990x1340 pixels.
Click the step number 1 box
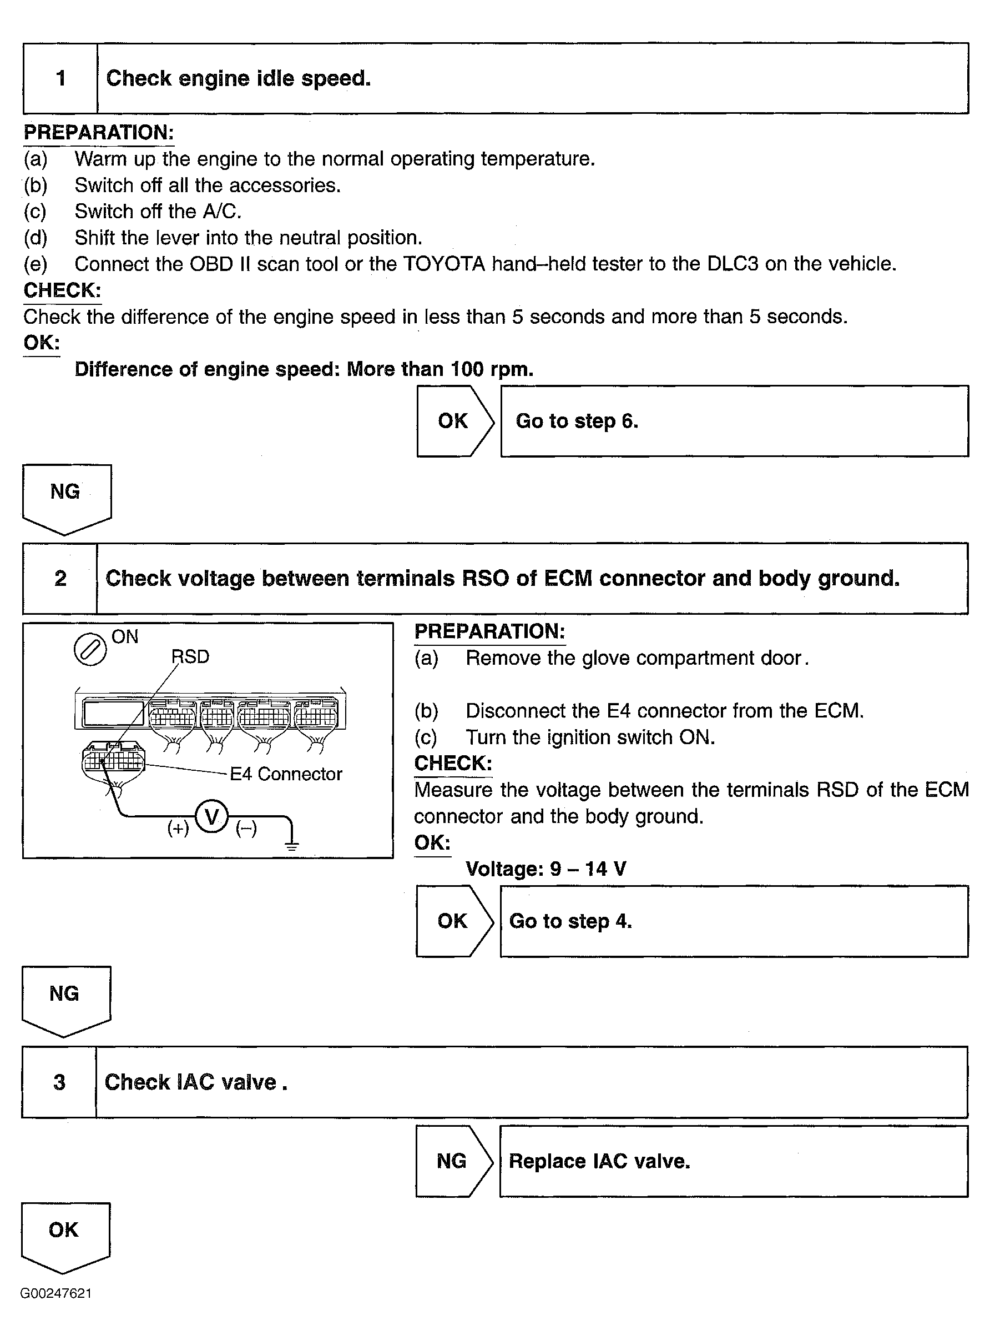[60, 78]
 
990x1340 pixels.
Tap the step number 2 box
[60, 579]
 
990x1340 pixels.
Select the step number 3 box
[59, 1082]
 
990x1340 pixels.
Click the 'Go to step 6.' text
[577, 421]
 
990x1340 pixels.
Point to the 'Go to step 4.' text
[570, 921]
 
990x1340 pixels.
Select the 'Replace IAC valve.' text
[599, 1161]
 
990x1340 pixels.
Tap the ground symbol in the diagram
[292, 845]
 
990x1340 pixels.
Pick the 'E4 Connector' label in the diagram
[286, 774]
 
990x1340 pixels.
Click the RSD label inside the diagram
[190, 657]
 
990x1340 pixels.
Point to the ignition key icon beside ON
[90, 650]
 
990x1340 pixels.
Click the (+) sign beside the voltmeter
[178, 829]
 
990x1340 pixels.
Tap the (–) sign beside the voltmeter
[246, 829]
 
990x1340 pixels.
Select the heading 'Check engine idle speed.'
[239, 78]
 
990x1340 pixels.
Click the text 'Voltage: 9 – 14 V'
[546, 869]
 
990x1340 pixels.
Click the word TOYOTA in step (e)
[444, 264]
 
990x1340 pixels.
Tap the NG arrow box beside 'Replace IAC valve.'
[452, 1161]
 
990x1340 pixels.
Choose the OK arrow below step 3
[65, 1235]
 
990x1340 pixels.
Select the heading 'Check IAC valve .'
[196, 1082]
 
